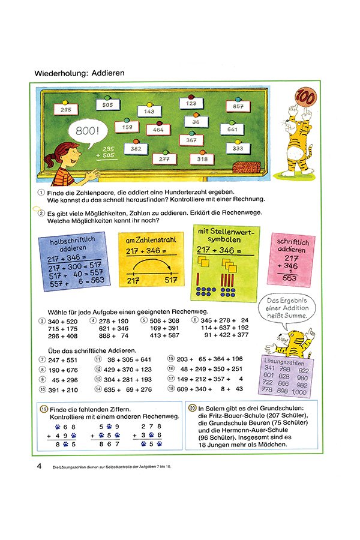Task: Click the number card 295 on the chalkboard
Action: pyautogui.click(x=66, y=109)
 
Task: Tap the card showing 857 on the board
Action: pyautogui.click(x=238, y=106)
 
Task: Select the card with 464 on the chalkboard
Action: pyautogui.click(x=158, y=129)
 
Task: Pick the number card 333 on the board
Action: pyautogui.click(x=238, y=148)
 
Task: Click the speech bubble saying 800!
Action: pyautogui.click(x=85, y=131)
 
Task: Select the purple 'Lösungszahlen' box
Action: pyautogui.click(x=284, y=374)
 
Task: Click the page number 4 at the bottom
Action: pyautogui.click(x=38, y=466)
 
